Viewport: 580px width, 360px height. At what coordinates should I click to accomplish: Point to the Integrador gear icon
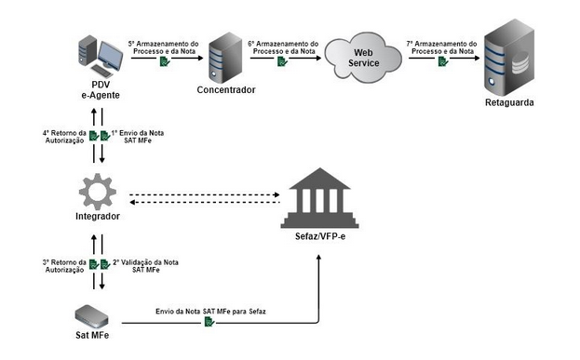98,191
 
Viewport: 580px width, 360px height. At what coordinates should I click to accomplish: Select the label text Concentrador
225,90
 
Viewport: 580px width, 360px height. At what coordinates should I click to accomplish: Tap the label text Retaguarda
510,102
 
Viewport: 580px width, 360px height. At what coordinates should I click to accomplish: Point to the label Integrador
98,217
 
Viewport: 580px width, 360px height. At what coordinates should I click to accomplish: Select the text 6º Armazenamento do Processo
284,48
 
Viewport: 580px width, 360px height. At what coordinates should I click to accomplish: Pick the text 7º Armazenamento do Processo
442,48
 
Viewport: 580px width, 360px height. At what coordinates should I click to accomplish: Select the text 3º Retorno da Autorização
64,267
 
